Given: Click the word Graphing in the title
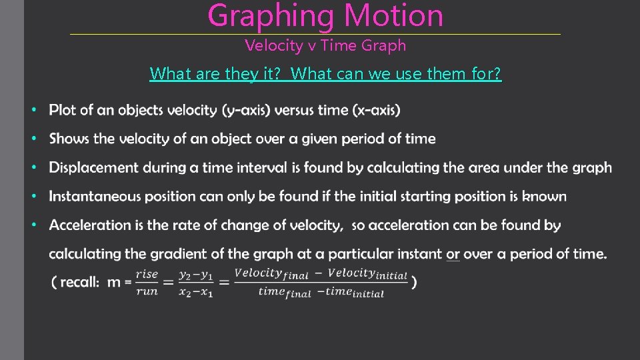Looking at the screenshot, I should point(265,16).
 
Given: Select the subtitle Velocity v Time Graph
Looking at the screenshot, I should point(325,45).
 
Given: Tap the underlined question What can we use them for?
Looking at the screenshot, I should point(397,73).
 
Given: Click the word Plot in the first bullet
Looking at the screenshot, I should point(63,110).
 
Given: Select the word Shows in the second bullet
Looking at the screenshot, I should point(69,139).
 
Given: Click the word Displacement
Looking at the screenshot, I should point(94,167).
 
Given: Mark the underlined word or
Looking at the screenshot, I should point(453,253).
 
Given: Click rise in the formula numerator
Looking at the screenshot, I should point(147,274).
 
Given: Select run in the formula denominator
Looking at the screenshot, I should point(147,291).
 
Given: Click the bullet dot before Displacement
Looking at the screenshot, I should point(35,167).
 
